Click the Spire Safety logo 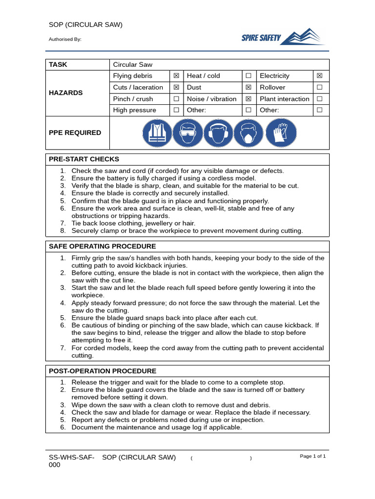[284, 37]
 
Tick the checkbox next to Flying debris [176, 76]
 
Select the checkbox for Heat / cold [249, 76]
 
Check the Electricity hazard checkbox [320, 76]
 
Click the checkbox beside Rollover [320, 87]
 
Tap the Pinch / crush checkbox [176, 99]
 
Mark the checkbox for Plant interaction [320, 99]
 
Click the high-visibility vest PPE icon [158, 133]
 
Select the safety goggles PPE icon [188, 133]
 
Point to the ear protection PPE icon [218, 133]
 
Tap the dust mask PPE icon [249, 133]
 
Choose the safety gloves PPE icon [281, 133]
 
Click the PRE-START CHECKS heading [84, 159]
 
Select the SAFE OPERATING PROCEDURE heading [103, 247]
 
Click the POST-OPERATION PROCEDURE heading [103, 371]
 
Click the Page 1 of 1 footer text [312, 456]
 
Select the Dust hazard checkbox [249, 87]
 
